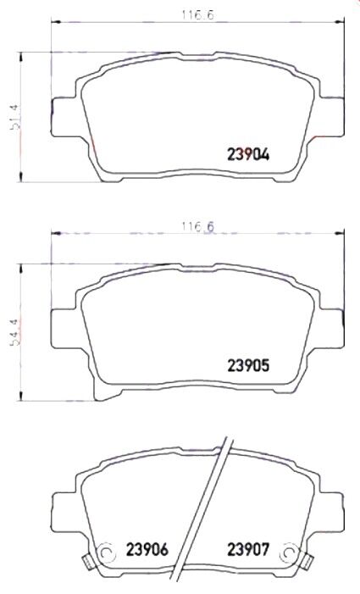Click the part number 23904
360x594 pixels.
click(x=248, y=154)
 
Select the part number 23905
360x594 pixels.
click(x=248, y=366)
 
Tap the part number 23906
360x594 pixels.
click(x=148, y=548)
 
